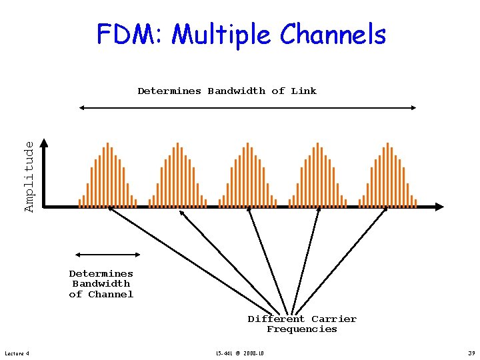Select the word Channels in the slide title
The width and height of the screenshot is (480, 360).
(333, 35)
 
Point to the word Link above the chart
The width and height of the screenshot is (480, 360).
(303, 91)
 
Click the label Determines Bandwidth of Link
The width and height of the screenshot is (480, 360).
(227, 91)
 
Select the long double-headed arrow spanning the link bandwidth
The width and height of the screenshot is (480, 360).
(247, 107)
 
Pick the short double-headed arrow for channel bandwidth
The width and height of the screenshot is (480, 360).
(108, 254)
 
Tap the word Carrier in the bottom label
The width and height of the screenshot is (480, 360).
(334, 319)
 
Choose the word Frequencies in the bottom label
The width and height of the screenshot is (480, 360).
(302, 329)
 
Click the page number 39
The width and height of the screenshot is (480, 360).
(471, 353)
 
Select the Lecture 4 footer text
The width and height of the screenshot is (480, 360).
(17, 353)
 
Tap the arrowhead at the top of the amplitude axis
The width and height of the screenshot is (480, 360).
(44, 142)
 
